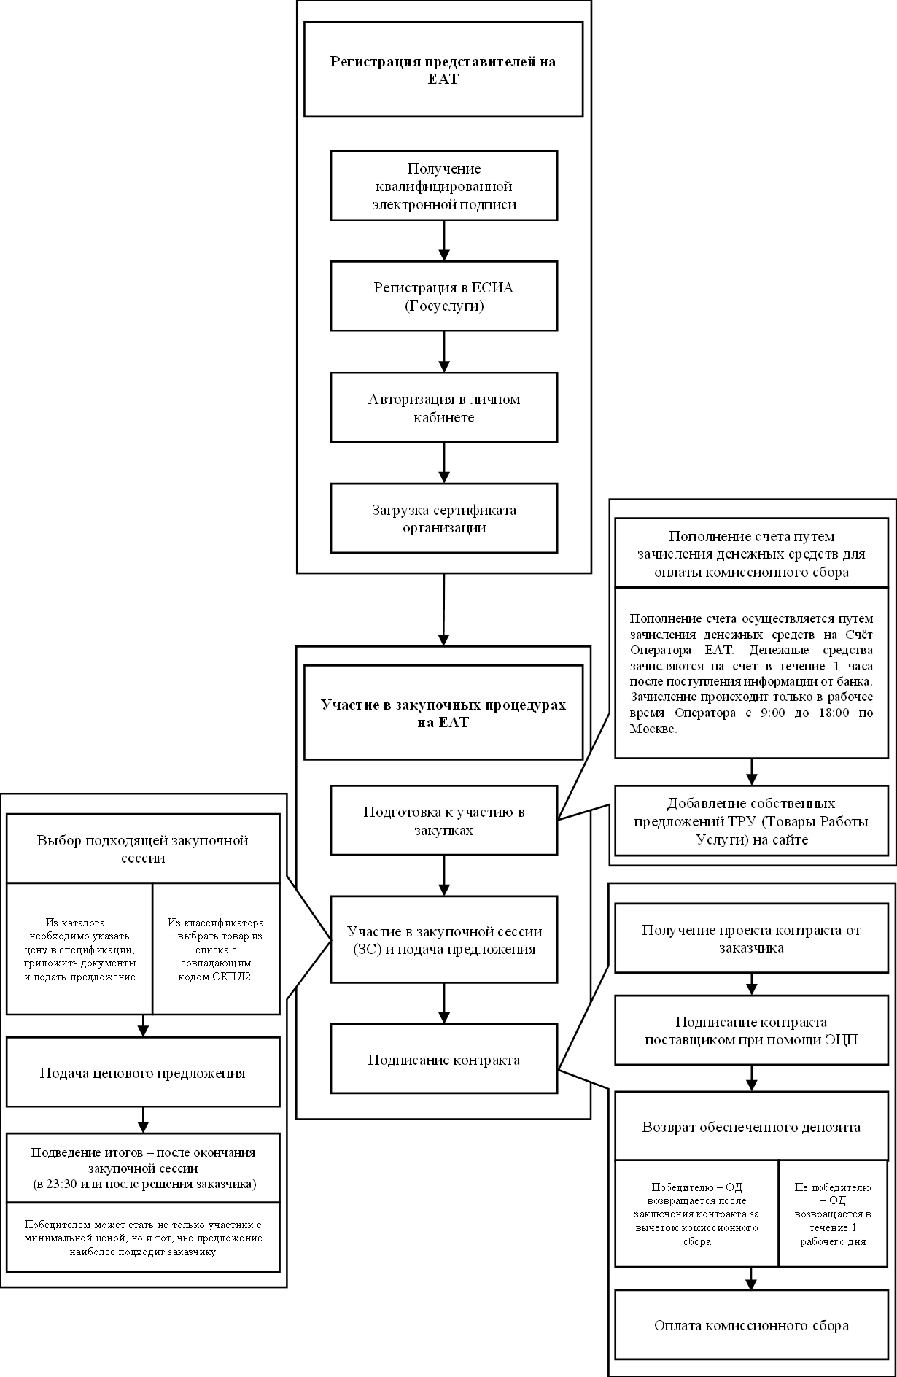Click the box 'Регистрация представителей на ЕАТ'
click(443, 69)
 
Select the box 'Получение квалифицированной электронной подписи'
click(443, 186)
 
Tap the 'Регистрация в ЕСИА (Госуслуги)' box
click(443, 296)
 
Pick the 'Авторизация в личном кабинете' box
click(443, 408)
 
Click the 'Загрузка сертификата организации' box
click(443, 518)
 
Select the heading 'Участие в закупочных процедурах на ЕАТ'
click(443, 713)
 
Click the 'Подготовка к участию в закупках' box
click(443, 821)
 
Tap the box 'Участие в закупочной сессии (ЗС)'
click(443, 939)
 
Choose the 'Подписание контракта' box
click(443, 1059)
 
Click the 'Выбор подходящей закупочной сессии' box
click(143, 848)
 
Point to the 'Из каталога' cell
click(79, 949)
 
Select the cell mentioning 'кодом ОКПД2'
click(216, 949)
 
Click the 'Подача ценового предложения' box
click(143, 1072)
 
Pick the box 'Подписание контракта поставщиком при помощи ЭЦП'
click(751, 1030)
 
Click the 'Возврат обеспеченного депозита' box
click(751, 1126)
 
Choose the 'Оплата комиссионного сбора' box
click(751, 1324)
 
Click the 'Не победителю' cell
click(833, 1214)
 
